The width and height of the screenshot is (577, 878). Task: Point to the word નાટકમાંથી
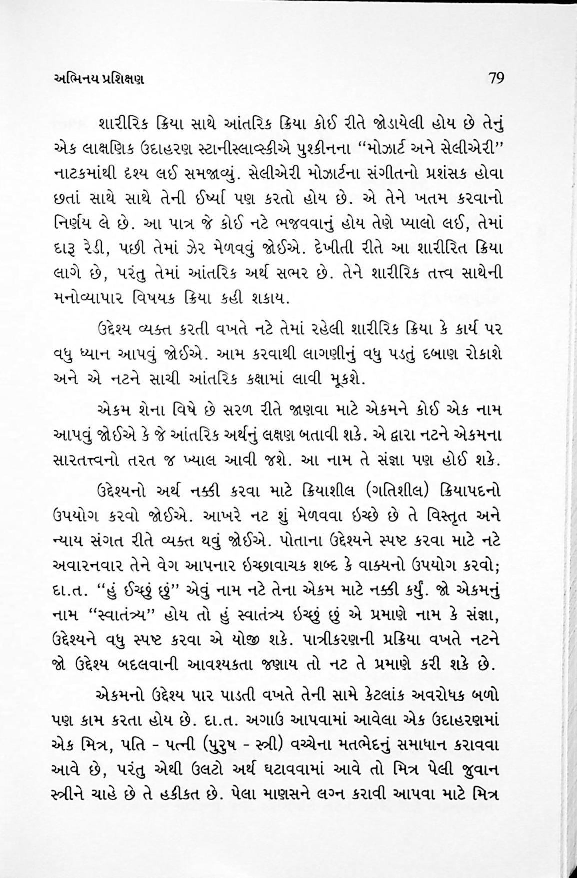(83, 176)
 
